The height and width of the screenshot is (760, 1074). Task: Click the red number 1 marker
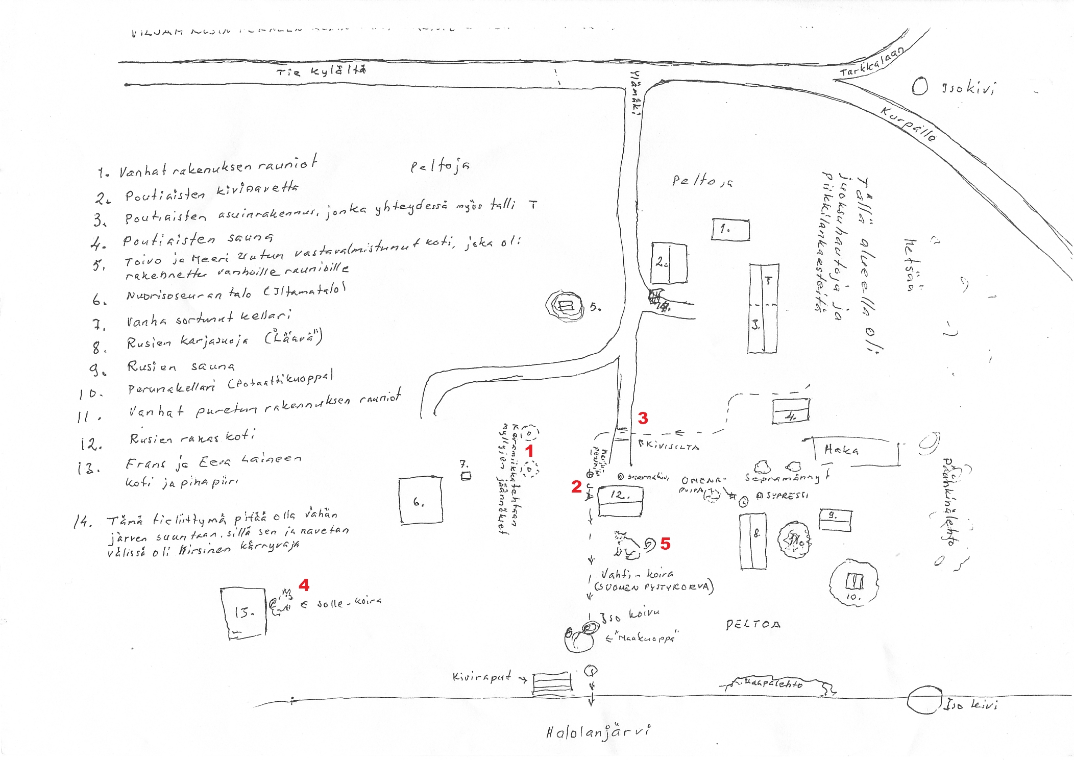pos(529,451)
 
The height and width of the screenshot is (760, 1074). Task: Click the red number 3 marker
pos(643,418)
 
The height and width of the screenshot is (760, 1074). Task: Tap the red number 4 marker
pos(304,584)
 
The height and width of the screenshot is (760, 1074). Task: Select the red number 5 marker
pos(665,544)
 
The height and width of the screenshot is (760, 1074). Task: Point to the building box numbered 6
pos(420,500)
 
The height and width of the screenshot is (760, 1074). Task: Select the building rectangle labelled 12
pos(620,501)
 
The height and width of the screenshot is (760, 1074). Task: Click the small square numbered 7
pos(466,476)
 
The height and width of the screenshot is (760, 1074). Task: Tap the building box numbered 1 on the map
pos(730,229)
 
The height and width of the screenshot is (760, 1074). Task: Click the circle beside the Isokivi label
pos(919,86)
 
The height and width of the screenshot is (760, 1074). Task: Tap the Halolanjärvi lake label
pos(598,732)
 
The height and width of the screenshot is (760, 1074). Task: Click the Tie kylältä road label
pos(321,70)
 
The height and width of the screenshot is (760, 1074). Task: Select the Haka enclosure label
pos(841,450)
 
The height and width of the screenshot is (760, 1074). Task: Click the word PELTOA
pos(753,624)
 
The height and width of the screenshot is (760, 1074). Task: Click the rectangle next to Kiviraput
pos(552,683)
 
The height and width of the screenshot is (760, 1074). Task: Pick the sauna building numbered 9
pos(835,520)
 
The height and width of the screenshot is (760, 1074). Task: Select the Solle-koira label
pos(349,603)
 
